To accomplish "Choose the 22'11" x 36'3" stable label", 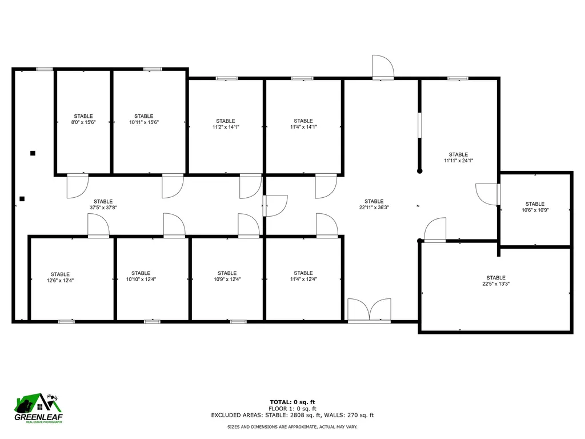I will [374, 205].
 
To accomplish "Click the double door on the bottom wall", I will [370, 312].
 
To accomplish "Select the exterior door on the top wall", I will [382, 67].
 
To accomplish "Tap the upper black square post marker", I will [33, 153].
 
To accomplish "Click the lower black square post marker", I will [22, 199].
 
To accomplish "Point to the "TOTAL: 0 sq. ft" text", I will [292, 402].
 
